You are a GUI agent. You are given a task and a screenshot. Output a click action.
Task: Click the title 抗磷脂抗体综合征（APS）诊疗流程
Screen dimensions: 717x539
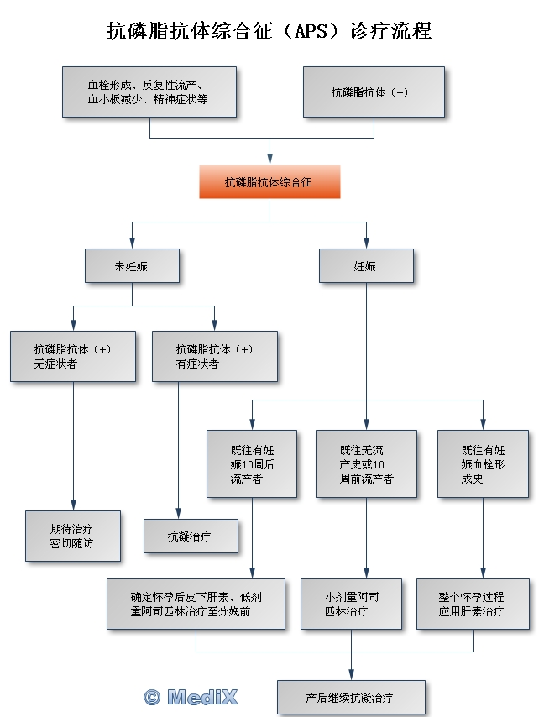(x=269, y=31)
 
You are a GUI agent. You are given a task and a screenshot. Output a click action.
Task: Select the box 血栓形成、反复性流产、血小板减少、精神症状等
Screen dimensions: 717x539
(x=149, y=92)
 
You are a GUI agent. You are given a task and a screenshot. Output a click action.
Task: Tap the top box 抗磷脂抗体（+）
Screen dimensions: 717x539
(x=374, y=92)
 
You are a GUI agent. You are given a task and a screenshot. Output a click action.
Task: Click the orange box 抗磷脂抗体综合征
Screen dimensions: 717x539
(x=269, y=181)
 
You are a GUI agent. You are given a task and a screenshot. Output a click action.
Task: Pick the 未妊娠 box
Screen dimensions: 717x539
(x=132, y=265)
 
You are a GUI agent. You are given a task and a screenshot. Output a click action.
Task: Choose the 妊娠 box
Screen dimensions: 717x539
(x=365, y=265)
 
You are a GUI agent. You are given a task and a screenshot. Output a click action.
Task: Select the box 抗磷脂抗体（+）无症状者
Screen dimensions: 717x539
(x=73, y=356)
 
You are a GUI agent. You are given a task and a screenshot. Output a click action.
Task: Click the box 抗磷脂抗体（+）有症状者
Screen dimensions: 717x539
(x=215, y=356)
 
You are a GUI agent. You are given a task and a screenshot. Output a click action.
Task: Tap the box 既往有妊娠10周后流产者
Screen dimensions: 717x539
(x=252, y=463)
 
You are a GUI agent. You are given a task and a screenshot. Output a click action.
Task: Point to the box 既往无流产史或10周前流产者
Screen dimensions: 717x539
(x=366, y=463)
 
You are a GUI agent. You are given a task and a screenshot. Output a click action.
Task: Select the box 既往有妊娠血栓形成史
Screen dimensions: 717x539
(x=484, y=463)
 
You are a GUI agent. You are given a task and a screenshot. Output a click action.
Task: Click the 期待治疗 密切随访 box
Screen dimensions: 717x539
(x=72, y=536)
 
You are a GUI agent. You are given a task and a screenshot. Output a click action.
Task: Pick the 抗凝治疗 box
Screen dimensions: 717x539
(x=191, y=536)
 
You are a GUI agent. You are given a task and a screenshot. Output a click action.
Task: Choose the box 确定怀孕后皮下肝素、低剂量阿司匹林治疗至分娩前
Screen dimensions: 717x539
(x=196, y=604)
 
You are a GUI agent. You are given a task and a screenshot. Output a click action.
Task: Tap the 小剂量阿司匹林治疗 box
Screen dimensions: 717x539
(x=352, y=604)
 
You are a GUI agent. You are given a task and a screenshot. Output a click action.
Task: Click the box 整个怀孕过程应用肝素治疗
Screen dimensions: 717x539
(x=472, y=604)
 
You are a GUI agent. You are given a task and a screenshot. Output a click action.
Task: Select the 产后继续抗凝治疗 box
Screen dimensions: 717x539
(x=351, y=697)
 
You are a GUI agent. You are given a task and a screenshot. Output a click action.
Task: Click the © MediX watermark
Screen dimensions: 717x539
(x=191, y=696)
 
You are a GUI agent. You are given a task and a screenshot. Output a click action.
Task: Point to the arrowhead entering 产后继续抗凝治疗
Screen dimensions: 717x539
(x=351, y=674)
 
